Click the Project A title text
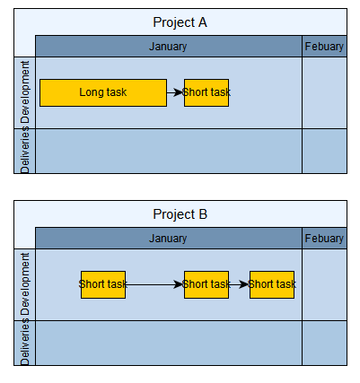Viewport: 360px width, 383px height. click(x=180, y=22)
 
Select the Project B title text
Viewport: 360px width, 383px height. click(x=180, y=214)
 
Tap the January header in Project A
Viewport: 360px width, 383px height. click(x=169, y=47)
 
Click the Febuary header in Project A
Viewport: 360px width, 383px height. click(x=324, y=47)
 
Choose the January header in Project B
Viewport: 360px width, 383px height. click(x=169, y=239)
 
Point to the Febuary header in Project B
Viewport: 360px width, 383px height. click(x=324, y=239)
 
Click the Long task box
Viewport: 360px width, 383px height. click(x=103, y=92)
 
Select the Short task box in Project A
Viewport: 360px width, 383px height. click(x=206, y=92)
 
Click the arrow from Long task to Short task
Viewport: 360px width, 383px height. click(x=175, y=92)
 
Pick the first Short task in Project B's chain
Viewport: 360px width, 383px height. click(x=103, y=284)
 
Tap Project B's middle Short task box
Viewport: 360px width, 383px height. click(x=206, y=284)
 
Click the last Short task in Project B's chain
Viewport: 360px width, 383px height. click(x=272, y=284)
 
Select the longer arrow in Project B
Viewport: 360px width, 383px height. click(x=154, y=284)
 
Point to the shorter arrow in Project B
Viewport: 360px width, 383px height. click(x=239, y=284)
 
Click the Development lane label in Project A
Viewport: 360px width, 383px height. click(x=25, y=92)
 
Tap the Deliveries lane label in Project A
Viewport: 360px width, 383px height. click(x=25, y=150)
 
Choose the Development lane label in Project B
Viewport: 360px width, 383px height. click(x=25, y=284)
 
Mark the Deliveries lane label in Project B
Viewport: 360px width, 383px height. click(x=25, y=342)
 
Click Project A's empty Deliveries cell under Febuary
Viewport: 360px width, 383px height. click(x=324, y=151)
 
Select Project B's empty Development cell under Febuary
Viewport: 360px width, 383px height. click(x=324, y=284)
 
